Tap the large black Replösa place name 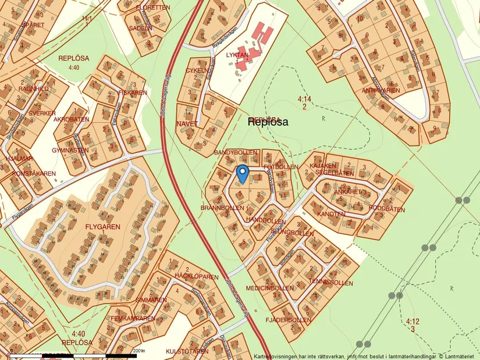click(x=268, y=122)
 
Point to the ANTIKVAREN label click(x=381, y=91)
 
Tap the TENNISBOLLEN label click(x=330, y=282)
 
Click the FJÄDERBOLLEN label click(x=288, y=320)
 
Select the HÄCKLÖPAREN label click(x=196, y=277)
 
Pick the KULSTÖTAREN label click(x=187, y=351)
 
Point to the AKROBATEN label click(x=72, y=119)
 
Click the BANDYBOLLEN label click(x=236, y=152)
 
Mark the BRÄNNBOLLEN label click(x=222, y=208)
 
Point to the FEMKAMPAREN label click(x=133, y=318)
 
